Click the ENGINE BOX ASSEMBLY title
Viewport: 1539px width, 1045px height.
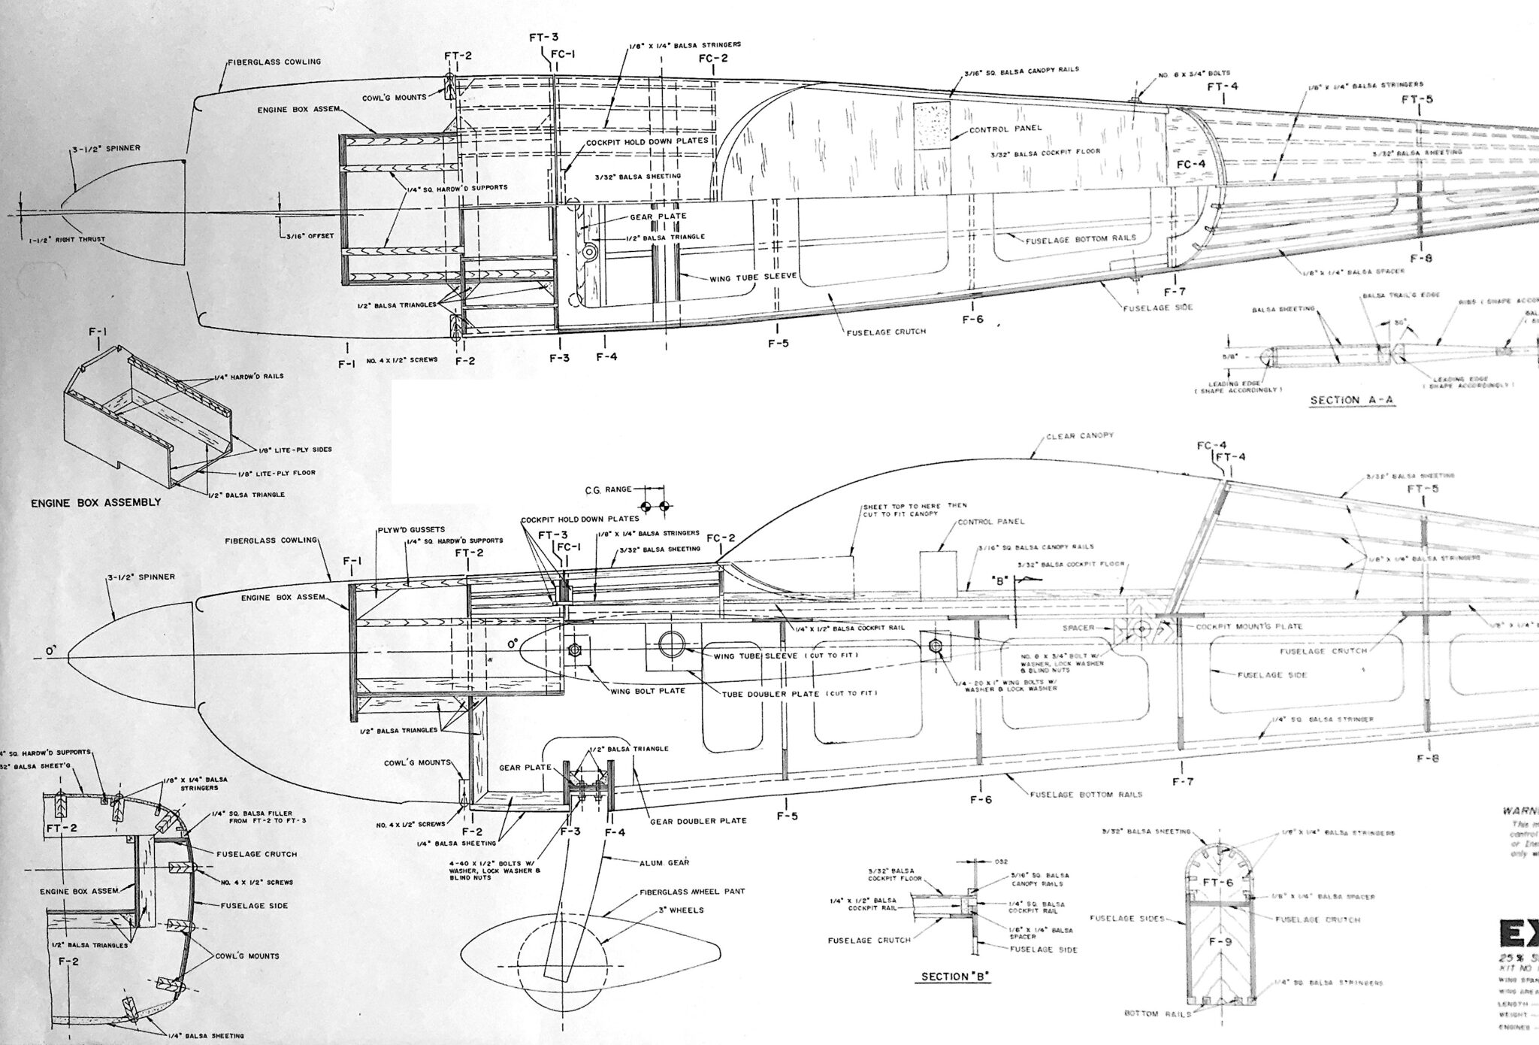[95, 502]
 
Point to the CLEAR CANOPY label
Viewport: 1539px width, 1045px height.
[1078, 436]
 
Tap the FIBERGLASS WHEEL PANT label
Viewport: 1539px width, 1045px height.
[691, 892]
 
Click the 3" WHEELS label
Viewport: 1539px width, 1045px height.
[681, 910]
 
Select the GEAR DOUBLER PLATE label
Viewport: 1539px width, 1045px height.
[697, 820]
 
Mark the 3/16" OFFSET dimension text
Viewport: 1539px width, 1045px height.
[310, 235]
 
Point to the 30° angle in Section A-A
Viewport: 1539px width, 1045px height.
[1398, 323]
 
